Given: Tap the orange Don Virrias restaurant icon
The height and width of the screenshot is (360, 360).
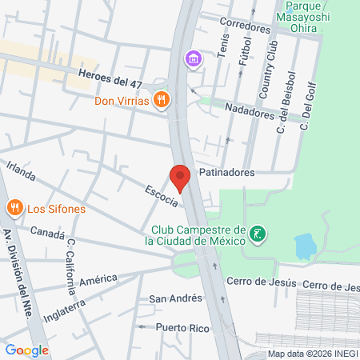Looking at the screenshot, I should [x=162, y=100].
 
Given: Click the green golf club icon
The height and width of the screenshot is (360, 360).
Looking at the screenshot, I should [x=258, y=234].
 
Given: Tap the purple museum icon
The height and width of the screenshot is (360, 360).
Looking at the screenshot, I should [x=192, y=59].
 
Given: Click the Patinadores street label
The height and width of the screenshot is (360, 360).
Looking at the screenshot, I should [x=227, y=172].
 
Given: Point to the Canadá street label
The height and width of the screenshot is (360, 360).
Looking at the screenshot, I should [x=47, y=232].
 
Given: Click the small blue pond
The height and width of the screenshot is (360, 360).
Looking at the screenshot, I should [x=305, y=246].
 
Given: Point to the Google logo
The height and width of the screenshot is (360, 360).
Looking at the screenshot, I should [x=26, y=350].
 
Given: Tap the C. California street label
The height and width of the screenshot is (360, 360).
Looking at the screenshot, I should [x=71, y=262].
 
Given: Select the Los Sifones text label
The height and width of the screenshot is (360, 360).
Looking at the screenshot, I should [x=56, y=210].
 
